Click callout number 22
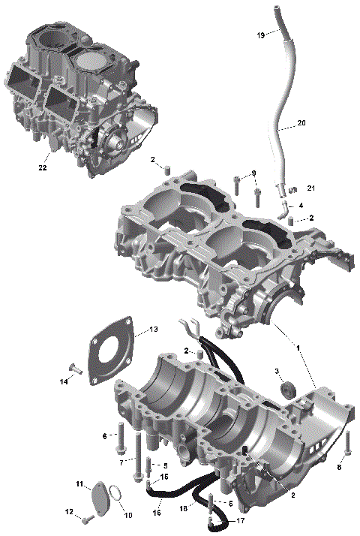click(43, 168)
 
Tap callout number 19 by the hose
click(260, 35)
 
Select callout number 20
click(301, 122)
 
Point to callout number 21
click(311, 188)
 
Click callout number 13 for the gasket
click(152, 330)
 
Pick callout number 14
click(64, 381)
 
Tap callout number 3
click(277, 372)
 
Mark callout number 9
click(253, 173)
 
